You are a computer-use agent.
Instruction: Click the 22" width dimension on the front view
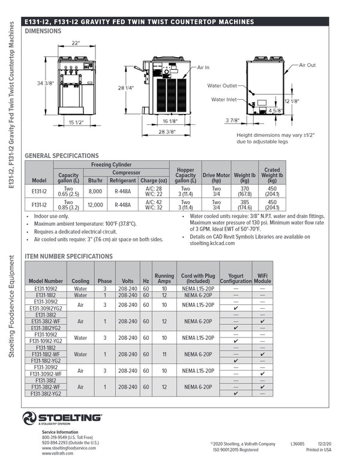(x=76, y=43)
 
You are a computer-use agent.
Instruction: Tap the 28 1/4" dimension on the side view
(x=125, y=88)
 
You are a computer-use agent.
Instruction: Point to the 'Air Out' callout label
(x=307, y=65)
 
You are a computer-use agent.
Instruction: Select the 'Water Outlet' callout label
(x=223, y=85)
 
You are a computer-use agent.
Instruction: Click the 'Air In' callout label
(x=204, y=68)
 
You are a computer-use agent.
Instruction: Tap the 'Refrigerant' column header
(x=122, y=180)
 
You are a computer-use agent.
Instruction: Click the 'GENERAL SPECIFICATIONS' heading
(x=61, y=156)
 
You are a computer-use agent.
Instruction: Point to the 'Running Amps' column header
(x=164, y=277)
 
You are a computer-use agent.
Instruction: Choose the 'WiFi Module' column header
(x=263, y=277)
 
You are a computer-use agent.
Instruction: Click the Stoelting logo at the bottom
(x=62, y=418)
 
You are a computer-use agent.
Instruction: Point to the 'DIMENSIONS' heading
(x=47, y=30)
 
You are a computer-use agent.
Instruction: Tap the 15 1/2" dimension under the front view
(x=75, y=123)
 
